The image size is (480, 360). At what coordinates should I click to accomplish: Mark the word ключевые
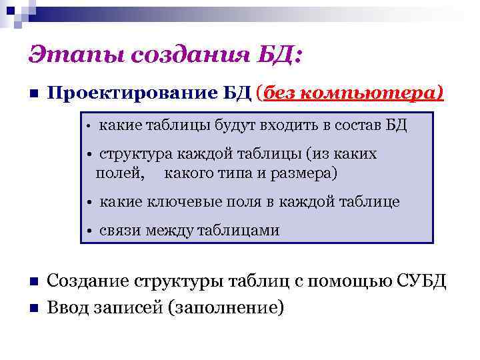tap(175, 202)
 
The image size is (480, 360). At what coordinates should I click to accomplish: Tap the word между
tap(168, 231)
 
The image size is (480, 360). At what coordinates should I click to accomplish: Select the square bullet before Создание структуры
tap(33, 283)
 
